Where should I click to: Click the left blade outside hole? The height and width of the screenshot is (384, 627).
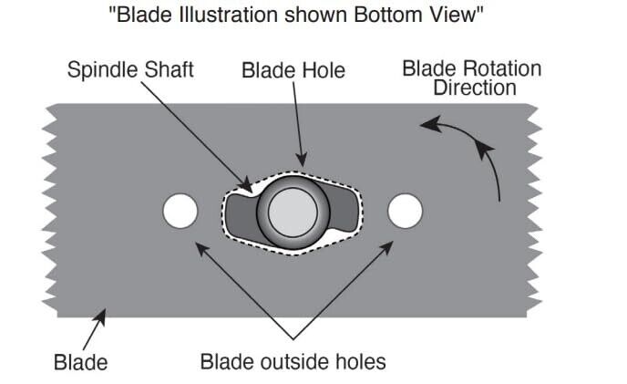coord(180,211)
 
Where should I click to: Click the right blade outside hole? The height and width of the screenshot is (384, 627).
coord(406,211)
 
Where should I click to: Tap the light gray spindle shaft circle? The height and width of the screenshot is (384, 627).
coord(293,212)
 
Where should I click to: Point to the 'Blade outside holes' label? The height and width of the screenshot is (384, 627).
coord(293,361)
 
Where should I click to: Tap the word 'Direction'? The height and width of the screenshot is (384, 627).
coord(475,88)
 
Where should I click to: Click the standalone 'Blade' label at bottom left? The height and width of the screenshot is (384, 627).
coord(80,361)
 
